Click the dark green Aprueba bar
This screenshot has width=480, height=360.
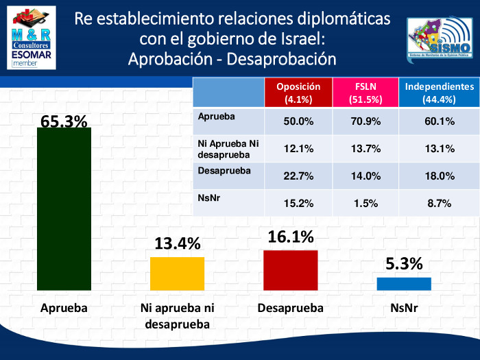click(64, 208)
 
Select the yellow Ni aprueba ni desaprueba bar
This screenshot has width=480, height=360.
click(177, 273)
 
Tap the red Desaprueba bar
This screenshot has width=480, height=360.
click(291, 269)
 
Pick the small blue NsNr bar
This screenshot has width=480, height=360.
click(404, 283)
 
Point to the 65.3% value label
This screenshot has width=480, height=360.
click(64, 121)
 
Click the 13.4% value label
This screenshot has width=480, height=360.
click(177, 243)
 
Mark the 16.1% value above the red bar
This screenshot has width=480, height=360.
click(291, 237)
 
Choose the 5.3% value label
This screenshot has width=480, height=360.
click(404, 264)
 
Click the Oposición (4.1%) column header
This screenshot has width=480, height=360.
click(298, 93)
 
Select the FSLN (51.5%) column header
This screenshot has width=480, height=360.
click(366, 93)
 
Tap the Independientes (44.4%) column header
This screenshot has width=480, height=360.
click(440, 93)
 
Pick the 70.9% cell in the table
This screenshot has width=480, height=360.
click(366, 121)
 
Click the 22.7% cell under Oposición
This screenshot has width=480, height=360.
click(298, 176)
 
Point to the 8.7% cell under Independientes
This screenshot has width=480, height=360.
click(440, 204)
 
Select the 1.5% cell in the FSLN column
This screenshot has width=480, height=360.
click(366, 204)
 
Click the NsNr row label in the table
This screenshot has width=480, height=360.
click(209, 199)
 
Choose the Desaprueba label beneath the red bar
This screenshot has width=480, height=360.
click(291, 309)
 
